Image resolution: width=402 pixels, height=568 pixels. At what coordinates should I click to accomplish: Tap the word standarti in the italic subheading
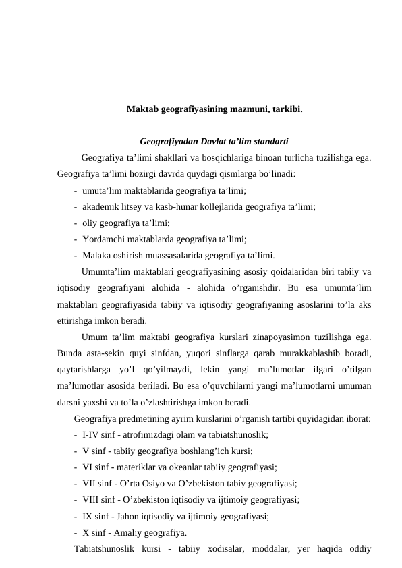pos(270,142)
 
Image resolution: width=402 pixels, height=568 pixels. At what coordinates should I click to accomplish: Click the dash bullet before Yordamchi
pos(76,239)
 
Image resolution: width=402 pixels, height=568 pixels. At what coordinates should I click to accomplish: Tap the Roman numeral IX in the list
pos(88,516)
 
